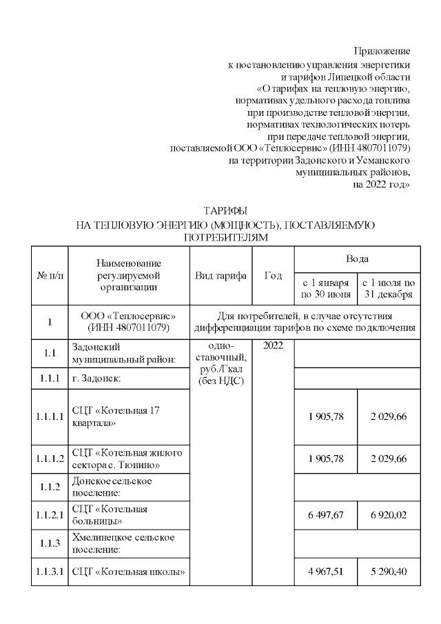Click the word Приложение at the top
point(382,52)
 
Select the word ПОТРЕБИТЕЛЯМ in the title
point(225,237)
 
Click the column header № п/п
point(50,276)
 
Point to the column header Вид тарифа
point(221,276)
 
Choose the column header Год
point(274,276)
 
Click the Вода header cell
point(357,259)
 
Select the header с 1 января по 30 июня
point(325,289)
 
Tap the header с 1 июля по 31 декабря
point(389,289)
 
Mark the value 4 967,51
point(325,570)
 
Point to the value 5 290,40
point(389,570)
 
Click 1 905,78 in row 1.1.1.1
point(325,416)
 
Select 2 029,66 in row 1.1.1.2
point(389,459)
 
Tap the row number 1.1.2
point(50,486)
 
